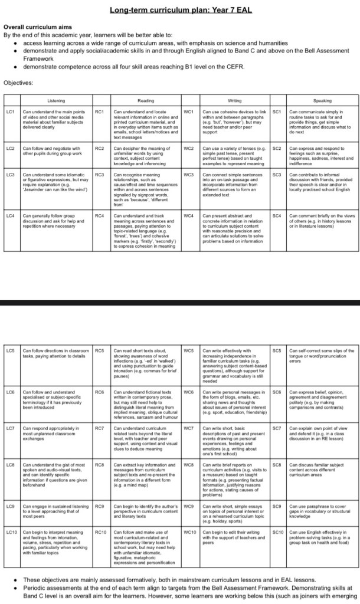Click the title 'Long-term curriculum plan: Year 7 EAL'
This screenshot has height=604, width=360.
(x=179, y=10)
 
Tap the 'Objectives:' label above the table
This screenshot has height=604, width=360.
(x=19, y=82)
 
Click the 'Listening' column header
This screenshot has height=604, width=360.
(x=56, y=101)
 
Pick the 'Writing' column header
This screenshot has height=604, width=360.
(x=234, y=101)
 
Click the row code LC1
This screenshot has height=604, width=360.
(x=10, y=111)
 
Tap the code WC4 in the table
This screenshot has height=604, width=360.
(x=189, y=216)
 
